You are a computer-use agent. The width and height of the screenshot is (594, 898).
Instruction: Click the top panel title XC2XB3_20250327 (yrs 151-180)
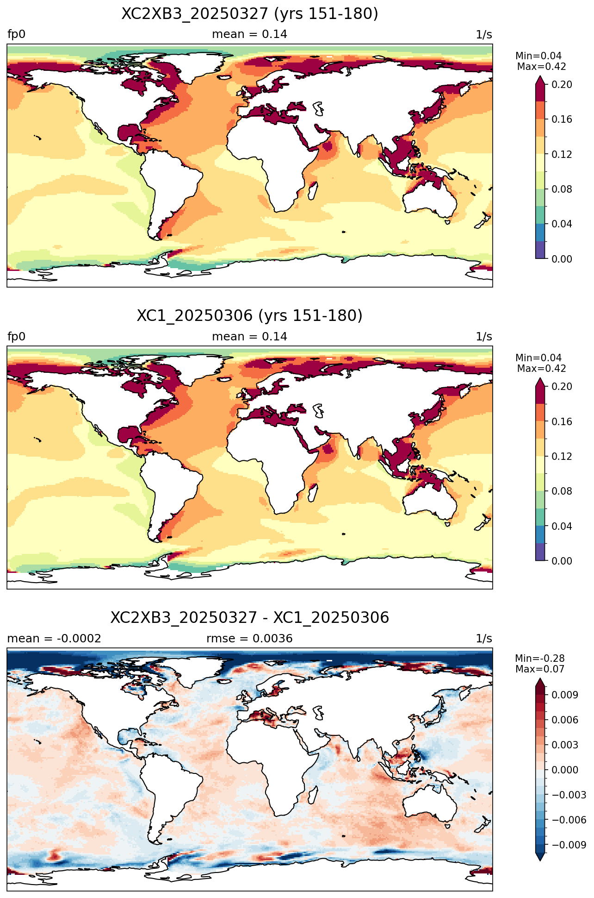click(250, 14)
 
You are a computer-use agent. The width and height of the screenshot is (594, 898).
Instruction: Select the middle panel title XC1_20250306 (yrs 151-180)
click(250, 316)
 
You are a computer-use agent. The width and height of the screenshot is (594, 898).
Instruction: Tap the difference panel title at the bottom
click(250, 618)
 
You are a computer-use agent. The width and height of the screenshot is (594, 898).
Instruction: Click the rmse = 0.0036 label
click(250, 639)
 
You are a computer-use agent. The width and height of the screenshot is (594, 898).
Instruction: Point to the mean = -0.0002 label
click(54, 639)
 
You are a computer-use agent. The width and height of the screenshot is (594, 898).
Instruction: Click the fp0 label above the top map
click(17, 35)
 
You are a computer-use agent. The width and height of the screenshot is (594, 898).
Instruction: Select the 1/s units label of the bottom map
click(484, 639)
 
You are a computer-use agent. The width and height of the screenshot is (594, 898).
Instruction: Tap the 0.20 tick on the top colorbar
click(562, 84)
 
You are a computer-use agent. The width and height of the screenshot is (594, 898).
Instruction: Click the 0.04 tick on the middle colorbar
click(562, 526)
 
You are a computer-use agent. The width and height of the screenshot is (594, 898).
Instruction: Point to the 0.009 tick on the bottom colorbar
click(564, 695)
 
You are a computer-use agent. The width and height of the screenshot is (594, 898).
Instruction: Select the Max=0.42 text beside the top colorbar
click(542, 67)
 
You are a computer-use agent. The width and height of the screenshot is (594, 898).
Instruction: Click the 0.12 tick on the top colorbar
click(562, 154)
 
